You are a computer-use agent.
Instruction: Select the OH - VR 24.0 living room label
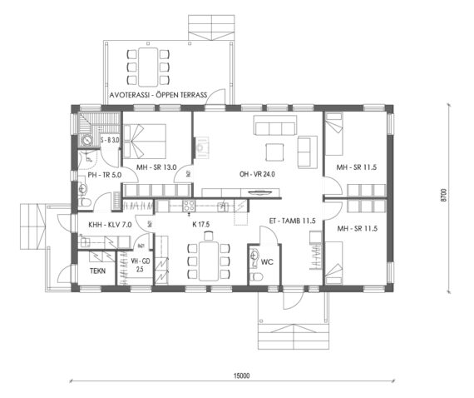[258, 174]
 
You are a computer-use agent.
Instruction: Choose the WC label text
[268, 261]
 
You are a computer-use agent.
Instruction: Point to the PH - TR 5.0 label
[105, 175]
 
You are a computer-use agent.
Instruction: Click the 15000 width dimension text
[241, 376]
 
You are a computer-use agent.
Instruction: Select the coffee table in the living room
[273, 152]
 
